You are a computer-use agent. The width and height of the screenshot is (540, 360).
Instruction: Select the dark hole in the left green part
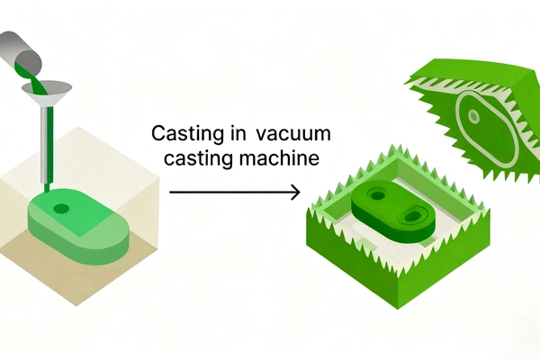pos(61,208)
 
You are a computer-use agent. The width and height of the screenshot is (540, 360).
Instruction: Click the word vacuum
pos(293,136)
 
